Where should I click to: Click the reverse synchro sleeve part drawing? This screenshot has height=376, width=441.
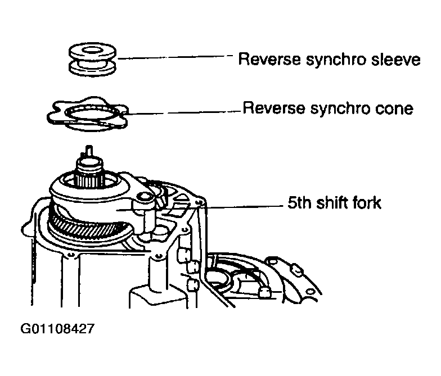[92, 60]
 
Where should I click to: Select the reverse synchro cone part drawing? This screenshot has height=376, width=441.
[88, 114]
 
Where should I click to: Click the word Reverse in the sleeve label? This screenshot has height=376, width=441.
[269, 60]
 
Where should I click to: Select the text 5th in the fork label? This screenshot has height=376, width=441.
[300, 202]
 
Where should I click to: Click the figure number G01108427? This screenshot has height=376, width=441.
[57, 328]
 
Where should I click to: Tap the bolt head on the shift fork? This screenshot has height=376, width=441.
[144, 197]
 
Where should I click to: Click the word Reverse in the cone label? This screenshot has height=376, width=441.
[273, 108]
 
